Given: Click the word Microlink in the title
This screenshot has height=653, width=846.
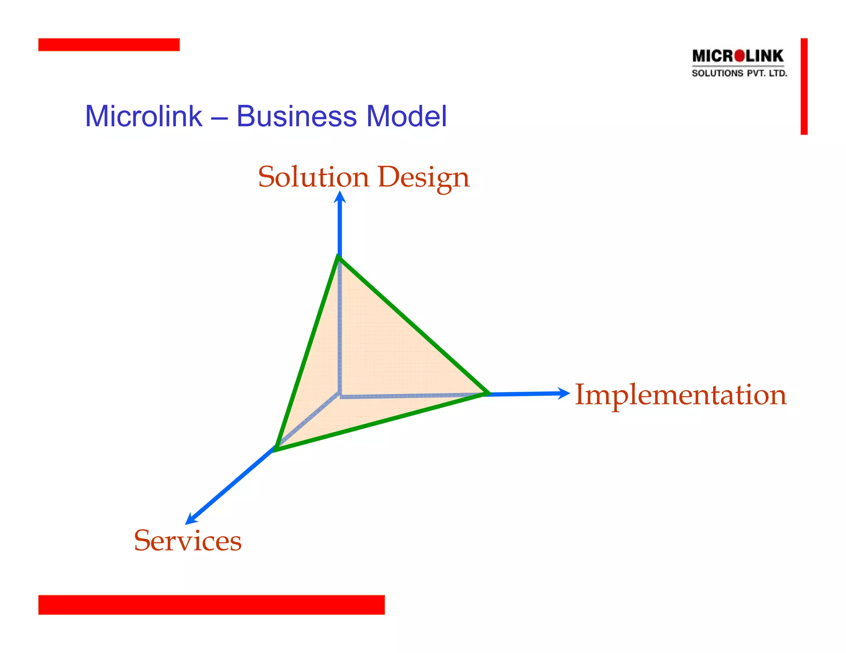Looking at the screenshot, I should [x=143, y=116].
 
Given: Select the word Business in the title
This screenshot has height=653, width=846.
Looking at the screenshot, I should [x=296, y=116].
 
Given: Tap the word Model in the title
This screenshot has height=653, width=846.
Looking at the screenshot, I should [x=406, y=116].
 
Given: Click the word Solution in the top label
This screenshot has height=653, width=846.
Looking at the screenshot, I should [x=314, y=177].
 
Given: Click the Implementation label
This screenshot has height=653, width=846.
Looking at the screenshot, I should [x=680, y=395].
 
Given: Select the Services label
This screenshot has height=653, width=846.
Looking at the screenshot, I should [x=188, y=541].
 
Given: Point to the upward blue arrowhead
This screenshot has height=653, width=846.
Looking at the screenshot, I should [x=340, y=197].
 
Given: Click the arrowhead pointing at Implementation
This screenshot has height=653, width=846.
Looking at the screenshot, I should [x=563, y=393].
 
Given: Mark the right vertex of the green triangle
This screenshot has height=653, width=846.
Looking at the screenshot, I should [x=487, y=393].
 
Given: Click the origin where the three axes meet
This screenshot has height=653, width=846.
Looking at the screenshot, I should [x=340, y=394].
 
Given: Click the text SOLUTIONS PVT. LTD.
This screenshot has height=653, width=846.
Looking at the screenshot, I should [x=739, y=73].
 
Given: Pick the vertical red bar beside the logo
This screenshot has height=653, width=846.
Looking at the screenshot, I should [x=803, y=86].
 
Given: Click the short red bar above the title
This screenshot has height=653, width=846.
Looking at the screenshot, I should [x=109, y=45].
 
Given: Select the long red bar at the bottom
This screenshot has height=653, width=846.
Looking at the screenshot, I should [x=211, y=604].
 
